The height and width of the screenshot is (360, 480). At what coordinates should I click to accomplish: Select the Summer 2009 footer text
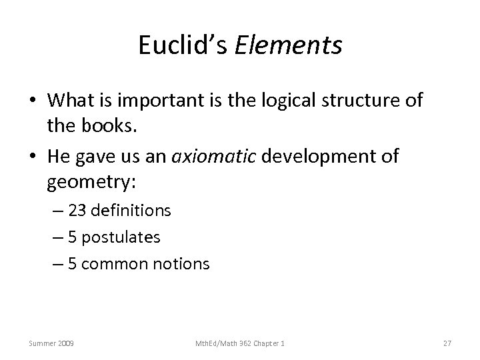(x=51, y=343)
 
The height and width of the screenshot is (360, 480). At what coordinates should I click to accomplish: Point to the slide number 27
(x=447, y=343)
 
